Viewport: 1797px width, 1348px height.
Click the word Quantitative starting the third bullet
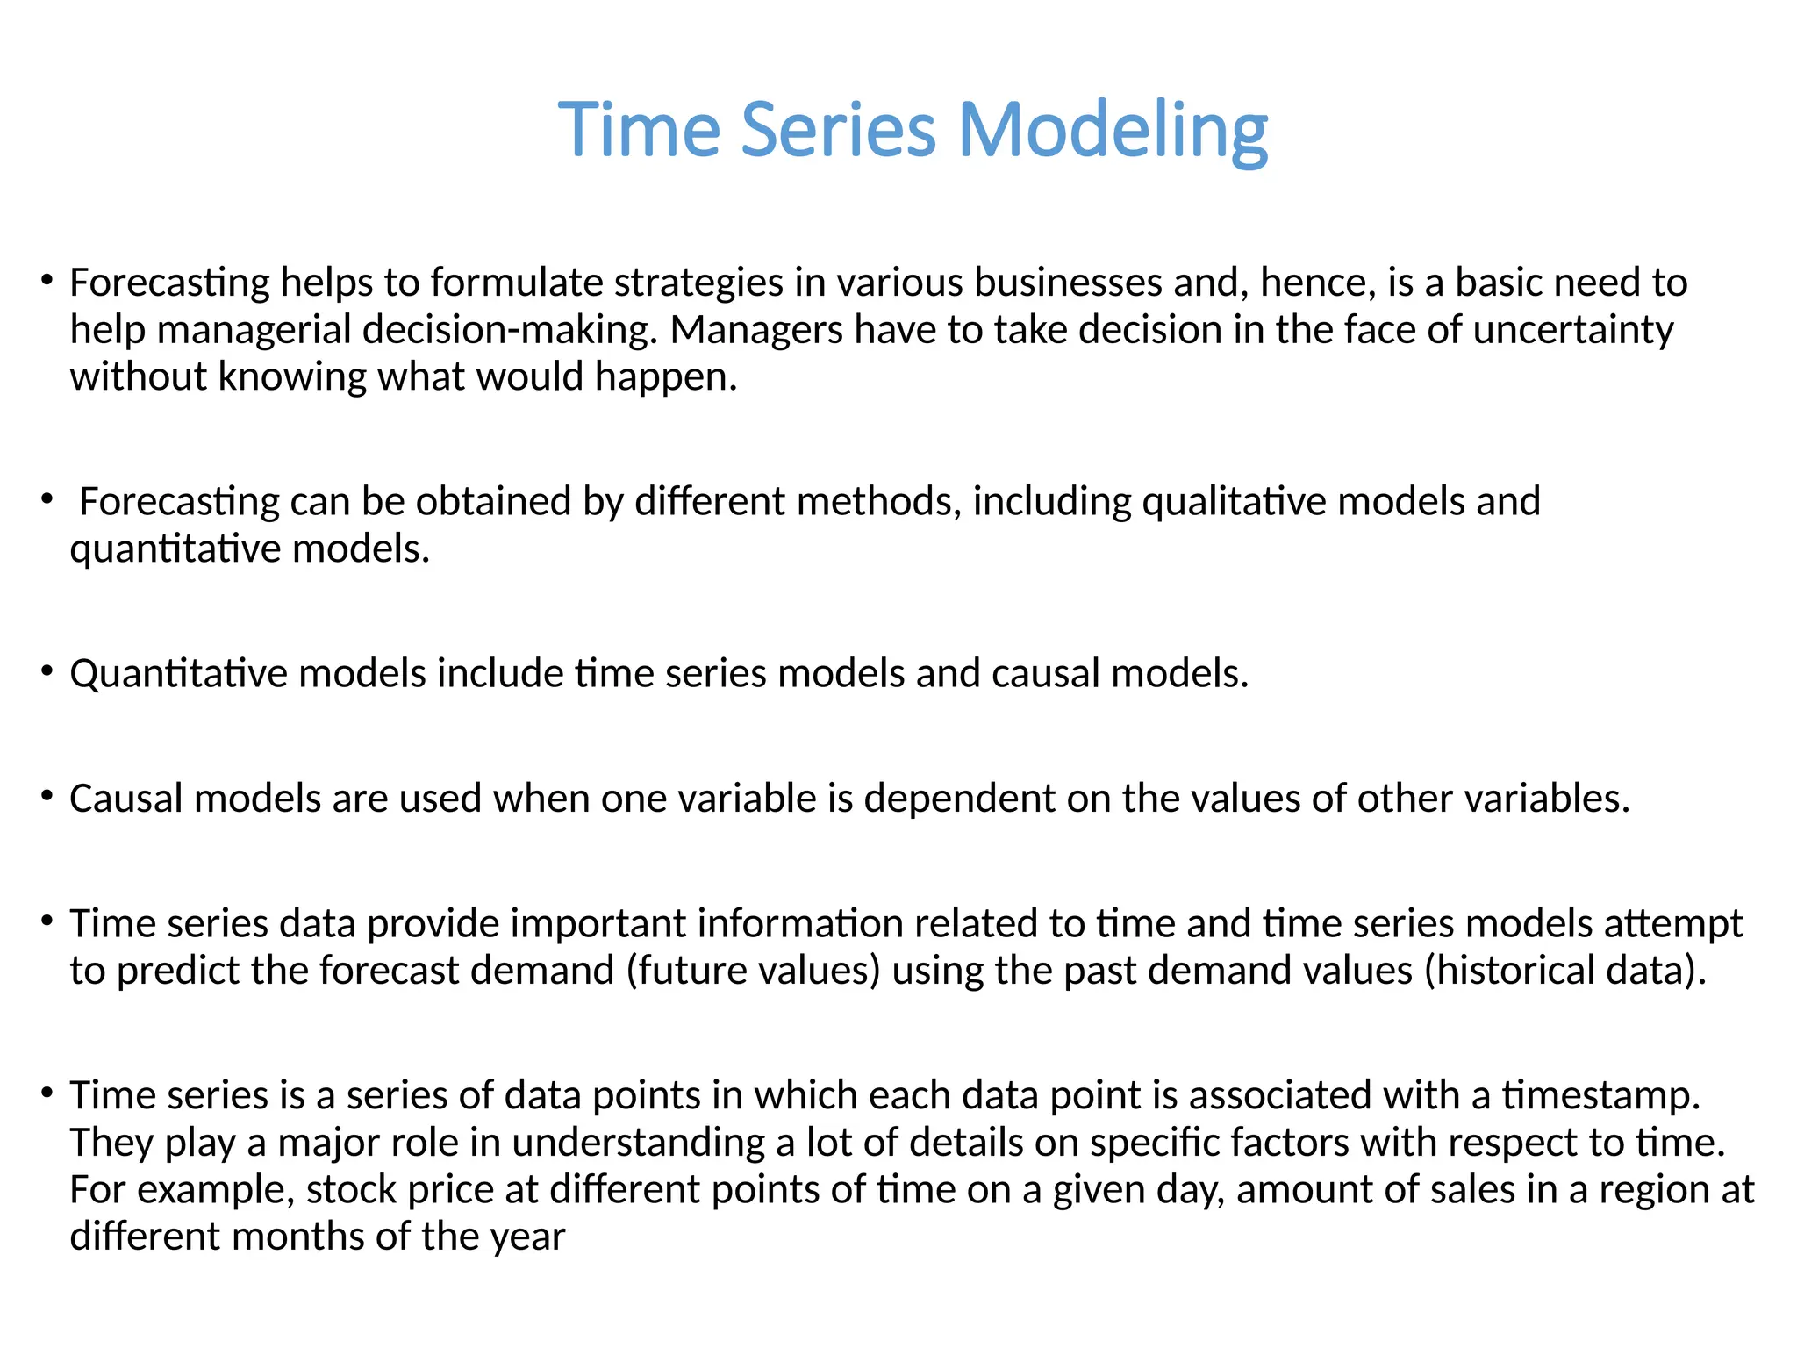coord(178,674)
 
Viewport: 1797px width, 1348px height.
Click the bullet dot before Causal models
coord(47,797)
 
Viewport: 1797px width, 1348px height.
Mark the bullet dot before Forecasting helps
coord(47,281)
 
